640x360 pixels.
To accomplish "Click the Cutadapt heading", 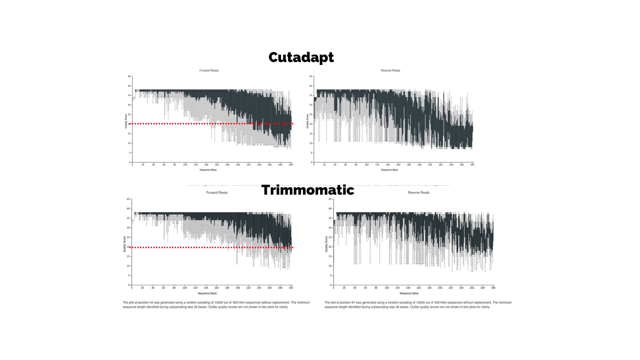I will (301, 57).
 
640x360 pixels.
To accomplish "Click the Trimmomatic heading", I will (308, 190).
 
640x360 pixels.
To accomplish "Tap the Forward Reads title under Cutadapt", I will (209, 70).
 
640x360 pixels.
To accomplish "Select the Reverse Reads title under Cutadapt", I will (390, 70).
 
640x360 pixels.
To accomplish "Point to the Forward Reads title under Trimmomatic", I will (217, 193).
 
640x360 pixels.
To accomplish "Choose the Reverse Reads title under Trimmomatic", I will (419, 193).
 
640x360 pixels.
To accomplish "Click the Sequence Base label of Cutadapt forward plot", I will (208, 170).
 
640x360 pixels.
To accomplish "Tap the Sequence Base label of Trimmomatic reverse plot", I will (409, 293).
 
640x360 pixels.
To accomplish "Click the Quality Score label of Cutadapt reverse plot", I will (307, 121).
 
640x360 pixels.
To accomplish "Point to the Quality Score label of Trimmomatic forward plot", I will (125, 244).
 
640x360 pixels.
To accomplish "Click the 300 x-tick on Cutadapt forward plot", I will (291, 165).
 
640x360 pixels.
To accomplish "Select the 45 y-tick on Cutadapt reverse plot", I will (311, 76).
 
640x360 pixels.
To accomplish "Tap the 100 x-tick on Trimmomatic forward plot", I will (185, 288).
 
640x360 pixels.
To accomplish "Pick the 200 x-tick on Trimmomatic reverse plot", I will (440, 288).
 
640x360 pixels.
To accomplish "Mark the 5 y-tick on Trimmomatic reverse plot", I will (330, 276).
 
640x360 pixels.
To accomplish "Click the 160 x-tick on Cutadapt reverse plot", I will (398, 165).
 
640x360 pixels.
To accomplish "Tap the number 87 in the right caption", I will (353, 303).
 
